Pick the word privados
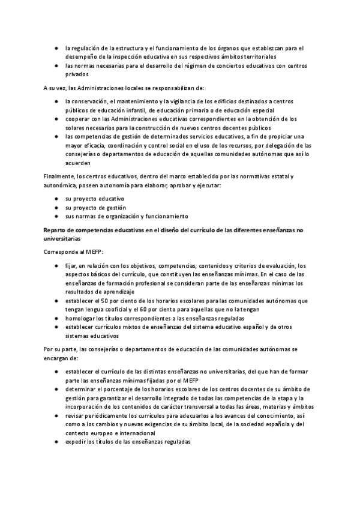click(77, 74)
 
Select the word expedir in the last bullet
click(77, 441)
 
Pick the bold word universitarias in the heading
click(65, 238)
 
